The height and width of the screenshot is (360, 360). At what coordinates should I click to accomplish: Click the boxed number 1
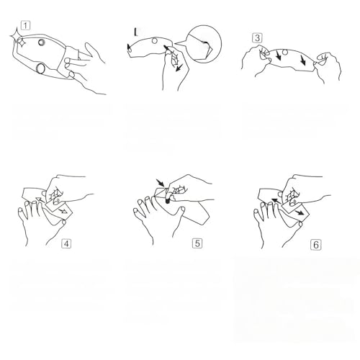pyautogui.click(x=25, y=25)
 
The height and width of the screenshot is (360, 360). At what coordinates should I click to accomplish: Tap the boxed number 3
pyautogui.click(x=257, y=38)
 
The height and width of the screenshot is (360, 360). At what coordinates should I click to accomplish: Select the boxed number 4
pyautogui.click(x=66, y=243)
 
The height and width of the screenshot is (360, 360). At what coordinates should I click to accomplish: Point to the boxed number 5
pyautogui.click(x=197, y=243)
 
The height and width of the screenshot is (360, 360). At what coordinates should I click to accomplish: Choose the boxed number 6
pyautogui.click(x=316, y=245)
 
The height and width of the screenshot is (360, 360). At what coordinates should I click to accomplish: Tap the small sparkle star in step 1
pyautogui.click(x=22, y=42)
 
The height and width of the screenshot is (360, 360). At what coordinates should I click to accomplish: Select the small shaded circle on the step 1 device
pyautogui.click(x=42, y=42)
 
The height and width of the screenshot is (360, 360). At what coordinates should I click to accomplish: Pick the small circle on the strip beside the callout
pyautogui.click(x=155, y=41)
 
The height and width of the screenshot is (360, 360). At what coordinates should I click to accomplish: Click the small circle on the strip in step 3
pyautogui.click(x=285, y=52)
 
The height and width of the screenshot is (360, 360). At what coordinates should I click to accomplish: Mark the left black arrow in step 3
pyautogui.click(x=278, y=55)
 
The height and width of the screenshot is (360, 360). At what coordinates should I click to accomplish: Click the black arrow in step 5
pyautogui.click(x=160, y=183)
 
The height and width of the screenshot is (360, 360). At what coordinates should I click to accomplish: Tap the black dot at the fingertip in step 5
pyautogui.click(x=168, y=201)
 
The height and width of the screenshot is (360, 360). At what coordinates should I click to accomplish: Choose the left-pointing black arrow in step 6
pyautogui.click(x=276, y=201)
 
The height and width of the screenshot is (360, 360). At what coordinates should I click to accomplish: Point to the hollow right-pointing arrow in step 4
pyautogui.click(x=63, y=211)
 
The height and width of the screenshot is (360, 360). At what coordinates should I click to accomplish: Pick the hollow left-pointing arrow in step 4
pyautogui.click(x=40, y=199)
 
